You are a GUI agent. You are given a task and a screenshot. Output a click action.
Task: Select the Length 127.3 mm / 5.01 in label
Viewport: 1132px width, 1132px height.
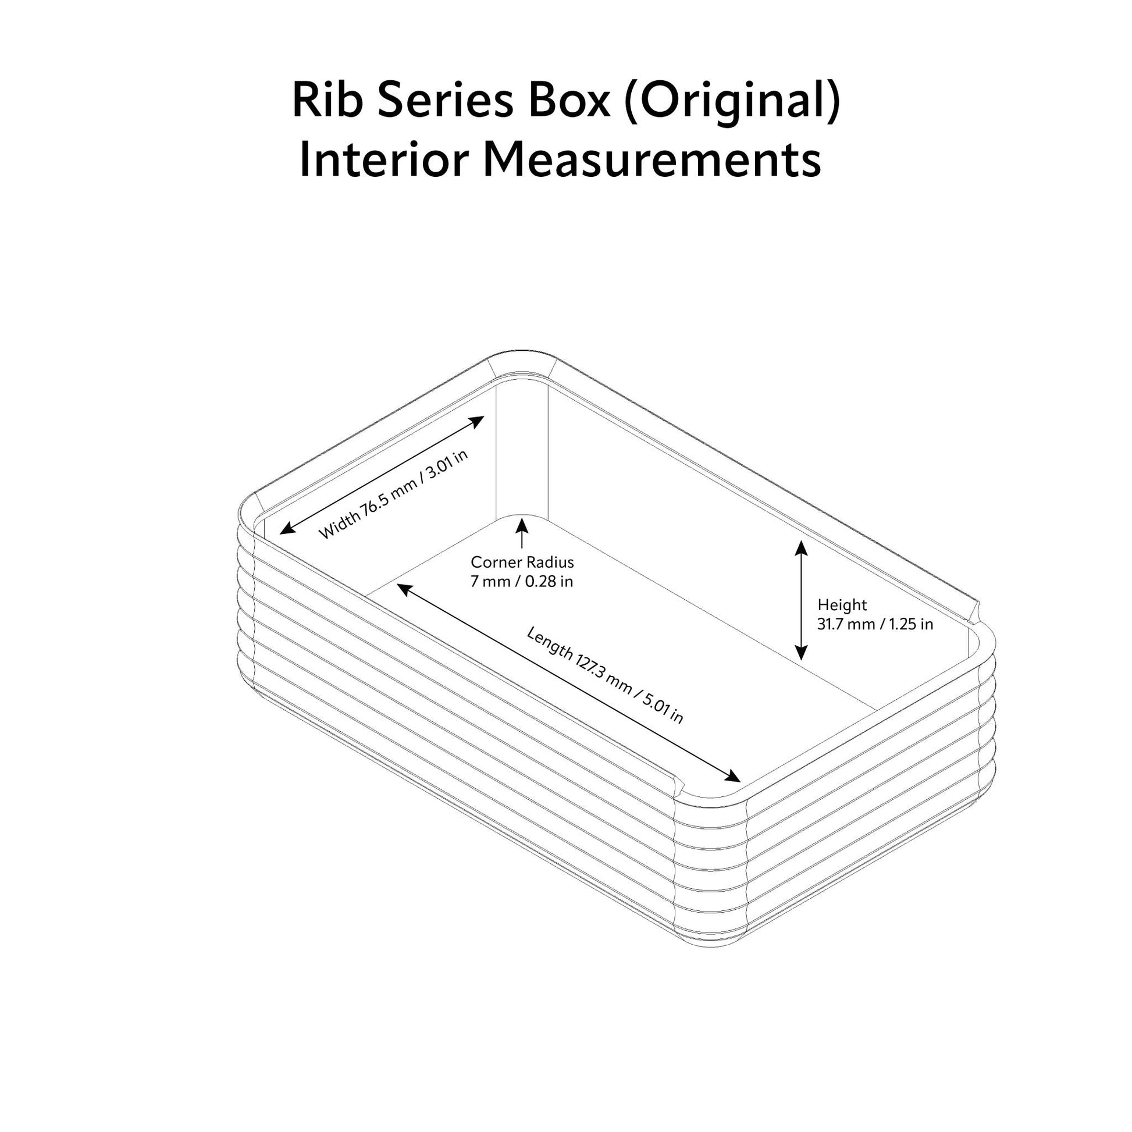point(604,674)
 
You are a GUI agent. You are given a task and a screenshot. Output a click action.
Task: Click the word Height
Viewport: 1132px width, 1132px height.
point(842,604)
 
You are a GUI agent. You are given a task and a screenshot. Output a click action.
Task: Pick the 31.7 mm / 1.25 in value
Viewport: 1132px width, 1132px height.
point(875,624)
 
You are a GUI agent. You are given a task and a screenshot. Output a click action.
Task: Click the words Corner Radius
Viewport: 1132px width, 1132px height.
point(522,563)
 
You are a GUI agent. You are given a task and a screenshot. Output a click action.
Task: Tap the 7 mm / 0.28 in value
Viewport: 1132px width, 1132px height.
point(522,582)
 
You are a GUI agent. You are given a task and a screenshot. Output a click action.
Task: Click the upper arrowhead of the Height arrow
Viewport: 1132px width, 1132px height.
point(802,547)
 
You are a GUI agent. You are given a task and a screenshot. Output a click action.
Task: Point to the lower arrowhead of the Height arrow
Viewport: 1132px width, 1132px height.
point(802,653)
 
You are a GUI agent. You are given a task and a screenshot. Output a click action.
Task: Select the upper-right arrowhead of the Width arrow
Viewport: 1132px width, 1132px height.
point(478,420)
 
